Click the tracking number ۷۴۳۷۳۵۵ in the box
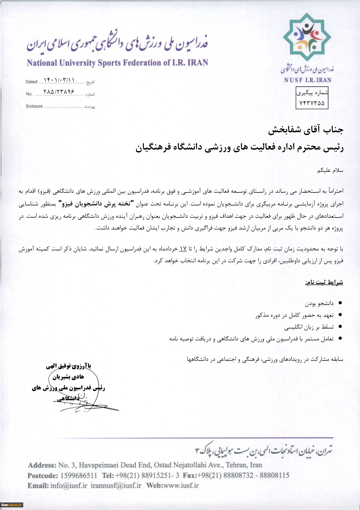pyautogui.click(x=312, y=103)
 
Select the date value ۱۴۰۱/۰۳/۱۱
pyautogui.click(x=59, y=80)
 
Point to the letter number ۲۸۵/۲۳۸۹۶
pyautogui.click(x=59, y=92)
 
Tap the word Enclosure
pyautogui.click(x=34, y=106)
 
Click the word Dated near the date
pyautogui.click(x=31, y=82)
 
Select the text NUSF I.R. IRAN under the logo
pyautogui.click(x=308, y=80)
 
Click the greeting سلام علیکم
pyautogui.click(x=330, y=170)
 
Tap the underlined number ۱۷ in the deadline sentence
pyautogui.click(x=183, y=249)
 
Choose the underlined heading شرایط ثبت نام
pyautogui.click(x=324, y=282)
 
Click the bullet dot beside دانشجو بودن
pyautogui.click(x=340, y=303)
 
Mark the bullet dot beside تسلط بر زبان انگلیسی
pyautogui.click(x=340, y=327)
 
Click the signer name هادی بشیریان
pyautogui.click(x=68, y=377)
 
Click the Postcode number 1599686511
pyautogui.click(x=79, y=476)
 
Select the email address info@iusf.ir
pyautogui.click(x=69, y=486)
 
